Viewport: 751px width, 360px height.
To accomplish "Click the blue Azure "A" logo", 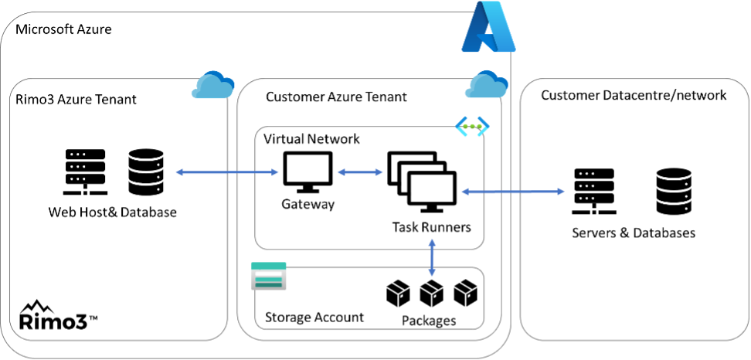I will [488, 27].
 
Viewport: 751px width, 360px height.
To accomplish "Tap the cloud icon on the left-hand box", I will [212, 85].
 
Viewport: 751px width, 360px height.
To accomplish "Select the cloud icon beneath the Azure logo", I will [486, 85].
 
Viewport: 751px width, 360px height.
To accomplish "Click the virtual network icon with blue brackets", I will [472, 127].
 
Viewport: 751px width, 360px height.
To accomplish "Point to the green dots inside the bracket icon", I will [472, 127].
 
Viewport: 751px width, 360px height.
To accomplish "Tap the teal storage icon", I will [268, 276].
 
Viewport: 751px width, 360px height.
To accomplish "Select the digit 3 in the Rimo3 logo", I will [83, 321].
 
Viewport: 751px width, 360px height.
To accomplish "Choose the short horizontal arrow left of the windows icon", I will [360, 172].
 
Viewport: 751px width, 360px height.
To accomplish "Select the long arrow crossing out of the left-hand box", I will [227, 172].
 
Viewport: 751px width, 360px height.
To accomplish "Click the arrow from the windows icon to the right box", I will [513, 192].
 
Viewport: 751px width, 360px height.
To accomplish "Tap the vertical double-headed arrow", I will [432, 257].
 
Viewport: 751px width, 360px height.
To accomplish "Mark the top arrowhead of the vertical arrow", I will [432, 242].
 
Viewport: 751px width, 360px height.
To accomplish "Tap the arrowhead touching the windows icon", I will [465, 192].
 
